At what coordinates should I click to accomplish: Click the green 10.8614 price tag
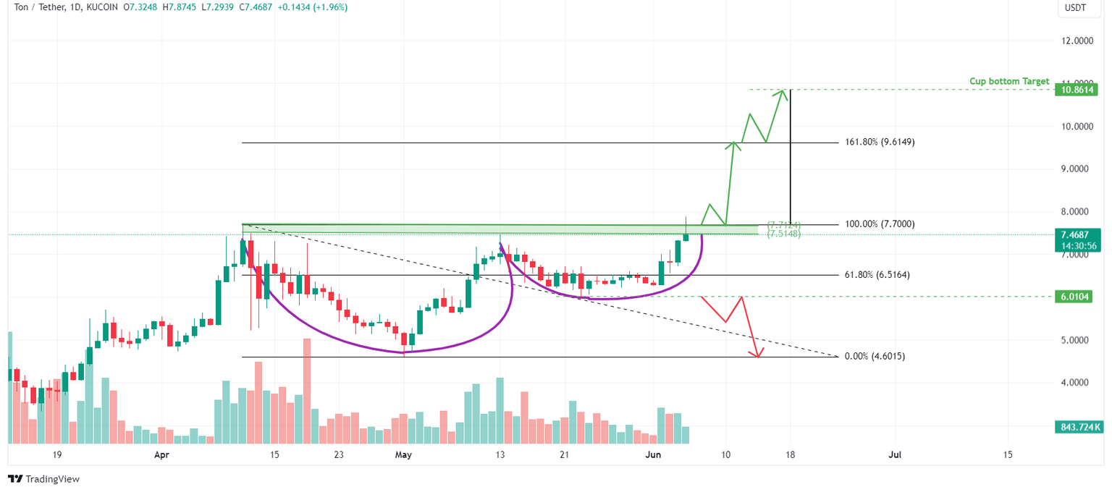1077,90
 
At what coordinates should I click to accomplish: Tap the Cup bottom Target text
1009,82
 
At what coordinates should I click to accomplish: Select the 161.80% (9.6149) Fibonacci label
879,143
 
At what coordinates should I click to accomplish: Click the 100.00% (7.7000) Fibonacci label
879,224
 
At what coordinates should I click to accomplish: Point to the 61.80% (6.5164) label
877,275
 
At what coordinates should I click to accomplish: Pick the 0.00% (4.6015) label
875,357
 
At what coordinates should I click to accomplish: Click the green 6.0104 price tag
1077,297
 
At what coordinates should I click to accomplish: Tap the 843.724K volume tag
1077,427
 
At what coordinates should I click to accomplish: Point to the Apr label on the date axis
161,455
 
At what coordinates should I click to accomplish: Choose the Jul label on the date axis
895,455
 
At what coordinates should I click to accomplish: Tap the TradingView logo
43,479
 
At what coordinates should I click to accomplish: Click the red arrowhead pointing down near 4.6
758,354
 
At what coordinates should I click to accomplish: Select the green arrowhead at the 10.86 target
783,92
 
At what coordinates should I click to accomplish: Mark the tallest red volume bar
306,391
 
